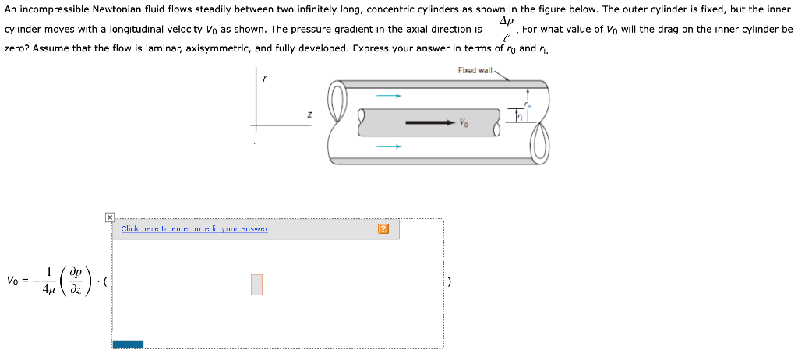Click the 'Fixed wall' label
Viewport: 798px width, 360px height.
475,70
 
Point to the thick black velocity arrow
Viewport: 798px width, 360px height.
429,122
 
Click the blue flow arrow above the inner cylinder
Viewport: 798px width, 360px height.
389,96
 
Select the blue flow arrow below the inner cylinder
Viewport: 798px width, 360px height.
389,146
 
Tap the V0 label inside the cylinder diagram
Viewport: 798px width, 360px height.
464,123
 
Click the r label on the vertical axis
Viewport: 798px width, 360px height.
264,79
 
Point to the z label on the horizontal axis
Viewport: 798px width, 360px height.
309,115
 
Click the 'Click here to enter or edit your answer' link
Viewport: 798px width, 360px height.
194,229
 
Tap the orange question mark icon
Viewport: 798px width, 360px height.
383,229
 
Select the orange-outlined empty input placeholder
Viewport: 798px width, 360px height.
257,285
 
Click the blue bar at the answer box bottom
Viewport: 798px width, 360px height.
128,344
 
